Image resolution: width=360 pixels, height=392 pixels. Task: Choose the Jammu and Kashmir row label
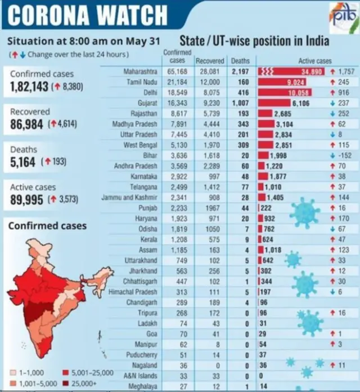[129, 198]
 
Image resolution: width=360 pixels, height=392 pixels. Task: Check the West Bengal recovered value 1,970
[209, 145]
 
